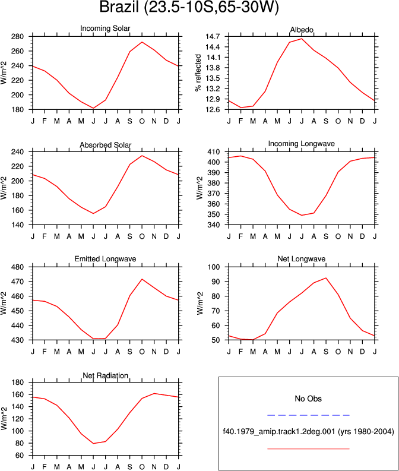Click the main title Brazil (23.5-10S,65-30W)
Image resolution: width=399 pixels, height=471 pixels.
[x=189, y=7]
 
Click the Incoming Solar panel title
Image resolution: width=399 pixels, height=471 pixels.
[x=105, y=29]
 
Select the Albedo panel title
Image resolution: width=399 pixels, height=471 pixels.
[x=302, y=30]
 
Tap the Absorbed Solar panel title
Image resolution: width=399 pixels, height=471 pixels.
[x=105, y=145]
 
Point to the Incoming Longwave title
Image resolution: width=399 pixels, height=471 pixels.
[x=302, y=144]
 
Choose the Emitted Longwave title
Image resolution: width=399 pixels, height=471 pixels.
[x=105, y=259]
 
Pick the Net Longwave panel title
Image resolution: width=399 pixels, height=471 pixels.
[x=302, y=259]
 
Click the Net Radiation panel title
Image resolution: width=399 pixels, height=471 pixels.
[x=105, y=375]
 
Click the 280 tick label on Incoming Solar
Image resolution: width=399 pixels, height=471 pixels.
[x=17, y=37]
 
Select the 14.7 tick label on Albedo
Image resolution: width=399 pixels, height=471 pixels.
[x=213, y=37]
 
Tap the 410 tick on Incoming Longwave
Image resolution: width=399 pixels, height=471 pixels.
[x=214, y=151]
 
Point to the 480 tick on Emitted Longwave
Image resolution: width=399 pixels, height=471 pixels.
[x=17, y=267]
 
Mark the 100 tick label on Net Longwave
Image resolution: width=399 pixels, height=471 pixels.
[x=214, y=267]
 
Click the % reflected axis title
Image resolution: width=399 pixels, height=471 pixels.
[x=198, y=73]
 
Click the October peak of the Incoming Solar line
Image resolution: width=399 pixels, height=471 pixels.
[x=142, y=42]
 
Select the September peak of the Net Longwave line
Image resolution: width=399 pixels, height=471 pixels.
[x=326, y=278]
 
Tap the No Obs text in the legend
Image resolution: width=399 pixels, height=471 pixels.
[x=308, y=399]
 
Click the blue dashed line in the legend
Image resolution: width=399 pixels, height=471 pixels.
[x=308, y=415]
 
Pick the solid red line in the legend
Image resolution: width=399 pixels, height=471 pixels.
[x=308, y=449]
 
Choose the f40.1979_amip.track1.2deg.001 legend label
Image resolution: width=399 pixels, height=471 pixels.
[x=279, y=432]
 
